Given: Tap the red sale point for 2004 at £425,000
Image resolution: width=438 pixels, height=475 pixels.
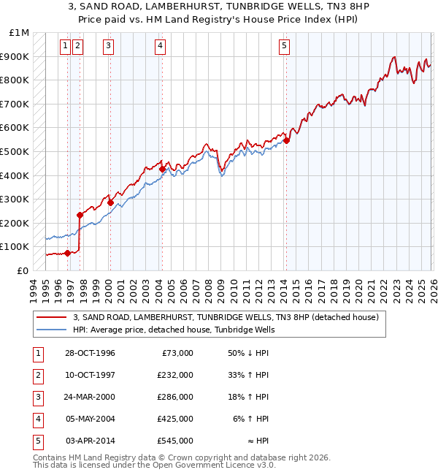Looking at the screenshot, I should coord(162,170).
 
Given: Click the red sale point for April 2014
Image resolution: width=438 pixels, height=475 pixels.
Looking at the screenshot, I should coord(287,141).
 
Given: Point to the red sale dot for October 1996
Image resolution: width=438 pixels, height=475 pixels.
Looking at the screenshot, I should coord(68,253).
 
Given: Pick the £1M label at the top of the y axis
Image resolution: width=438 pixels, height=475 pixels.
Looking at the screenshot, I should coord(20,33).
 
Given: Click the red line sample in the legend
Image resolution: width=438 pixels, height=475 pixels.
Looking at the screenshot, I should coord(52,318).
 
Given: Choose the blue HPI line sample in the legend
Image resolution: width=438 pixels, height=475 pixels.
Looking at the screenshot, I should coord(52,330).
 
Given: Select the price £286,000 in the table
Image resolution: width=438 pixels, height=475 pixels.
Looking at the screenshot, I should coord(176,397).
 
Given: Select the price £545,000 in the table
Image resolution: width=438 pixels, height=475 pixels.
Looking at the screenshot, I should coord(176,441).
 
